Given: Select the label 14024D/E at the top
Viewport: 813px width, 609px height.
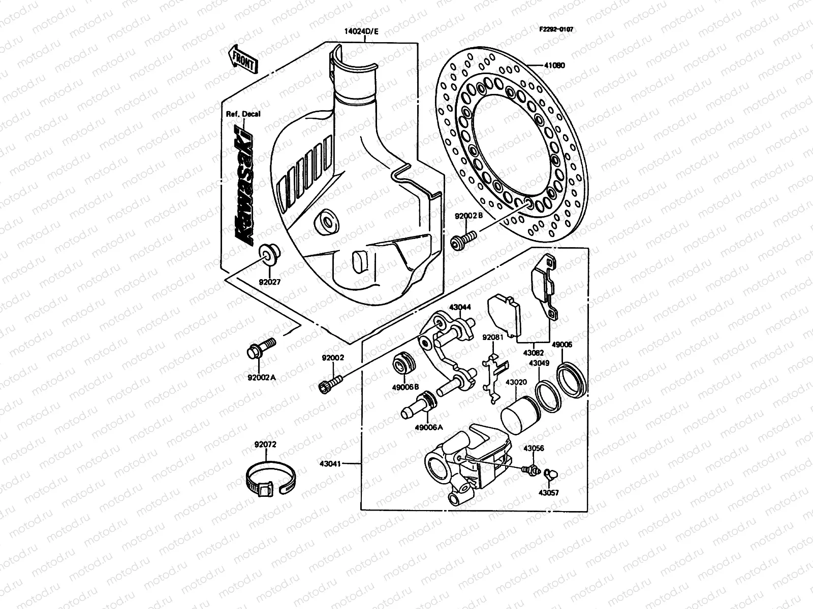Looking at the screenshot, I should (x=361, y=31).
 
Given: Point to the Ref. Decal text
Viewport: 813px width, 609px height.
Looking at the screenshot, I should (x=243, y=114).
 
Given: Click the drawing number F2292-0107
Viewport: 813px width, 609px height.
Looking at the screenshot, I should (x=556, y=29).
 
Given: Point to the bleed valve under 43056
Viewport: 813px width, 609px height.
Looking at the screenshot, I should (x=530, y=470).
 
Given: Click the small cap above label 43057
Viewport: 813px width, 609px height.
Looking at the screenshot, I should (x=549, y=474).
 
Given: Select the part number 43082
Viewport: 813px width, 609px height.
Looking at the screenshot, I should (x=533, y=352).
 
